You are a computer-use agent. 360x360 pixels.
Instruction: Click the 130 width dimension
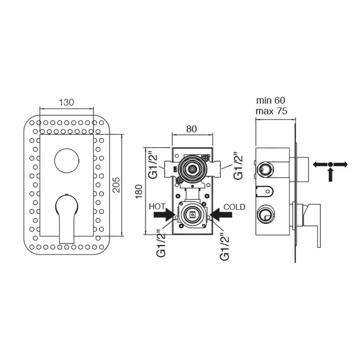[66, 102]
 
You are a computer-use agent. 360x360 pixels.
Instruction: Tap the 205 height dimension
[117, 185]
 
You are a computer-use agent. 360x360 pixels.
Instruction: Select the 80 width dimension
[192, 129]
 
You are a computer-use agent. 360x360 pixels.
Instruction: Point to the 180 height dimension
[139, 192]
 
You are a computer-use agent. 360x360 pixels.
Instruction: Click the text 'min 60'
[271, 100]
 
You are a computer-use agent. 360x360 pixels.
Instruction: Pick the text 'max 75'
[271, 111]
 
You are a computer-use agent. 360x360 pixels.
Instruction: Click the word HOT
[157, 207]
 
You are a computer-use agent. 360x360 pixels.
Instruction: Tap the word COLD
[234, 207]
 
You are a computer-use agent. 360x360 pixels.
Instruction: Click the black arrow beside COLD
[221, 215]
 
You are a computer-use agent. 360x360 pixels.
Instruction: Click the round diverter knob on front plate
[67, 161]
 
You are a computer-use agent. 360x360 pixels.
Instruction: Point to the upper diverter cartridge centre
[192, 169]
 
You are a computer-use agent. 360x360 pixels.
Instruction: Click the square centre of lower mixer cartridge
[192, 215]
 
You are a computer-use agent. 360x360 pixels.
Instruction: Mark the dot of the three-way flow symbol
[330, 164]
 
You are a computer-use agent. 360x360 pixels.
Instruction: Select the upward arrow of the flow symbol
[330, 175]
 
